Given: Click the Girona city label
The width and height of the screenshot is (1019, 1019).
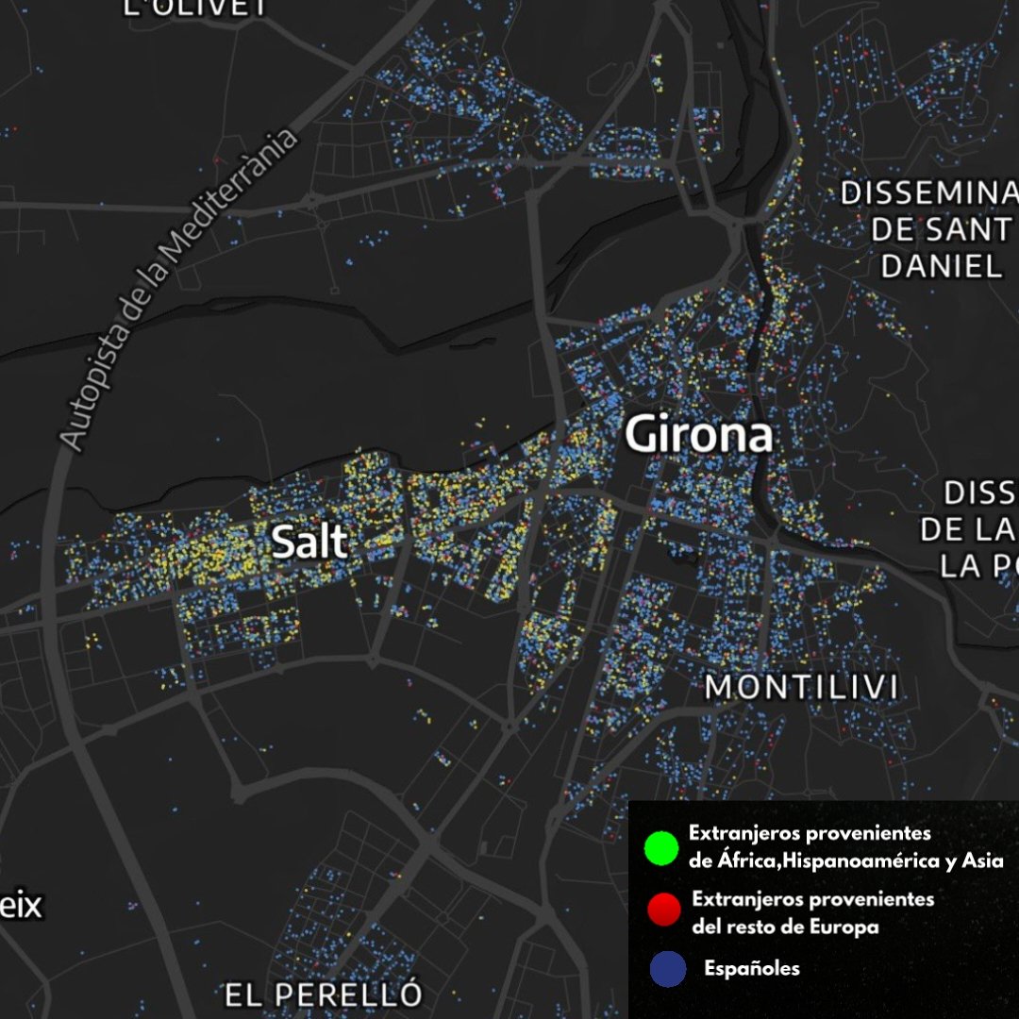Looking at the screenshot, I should pyautogui.click(x=698, y=436).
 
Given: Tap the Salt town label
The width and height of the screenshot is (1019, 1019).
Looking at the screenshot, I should pyautogui.click(x=309, y=543).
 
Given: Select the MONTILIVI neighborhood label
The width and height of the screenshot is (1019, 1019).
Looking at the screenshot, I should pyautogui.click(x=801, y=688).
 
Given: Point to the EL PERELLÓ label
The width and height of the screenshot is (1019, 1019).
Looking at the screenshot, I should pyautogui.click(x=323, y=994).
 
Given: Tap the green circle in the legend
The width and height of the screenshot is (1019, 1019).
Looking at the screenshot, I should pyautogui.click(x=660, y=846).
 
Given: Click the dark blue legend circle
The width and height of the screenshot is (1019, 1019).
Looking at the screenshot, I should pyautogui.click(x=667, y=969).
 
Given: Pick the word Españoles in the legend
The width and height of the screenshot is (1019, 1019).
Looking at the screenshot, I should pyautogui.click(x=751, y=969).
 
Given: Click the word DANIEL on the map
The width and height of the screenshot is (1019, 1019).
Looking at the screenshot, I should pyautogui.click(x=941, y=266).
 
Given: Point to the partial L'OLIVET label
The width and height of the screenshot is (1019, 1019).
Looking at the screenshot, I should pyautogui.click(x=195, y=8).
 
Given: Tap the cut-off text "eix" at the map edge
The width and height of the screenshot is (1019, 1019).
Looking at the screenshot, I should pyautogui.click(x=21, y=906).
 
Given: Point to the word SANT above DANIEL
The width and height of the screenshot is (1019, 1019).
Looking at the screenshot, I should pyautogui.click(x=964, y=229).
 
